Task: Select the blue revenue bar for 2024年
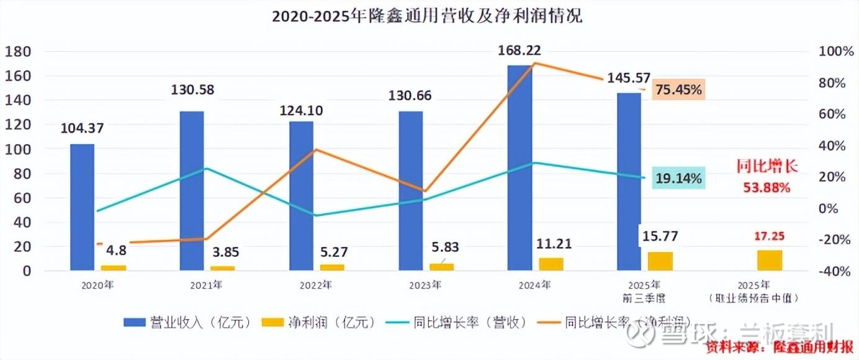tap(519, 168)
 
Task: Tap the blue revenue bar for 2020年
tap(82, 207)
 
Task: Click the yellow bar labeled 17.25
tap(770, 260)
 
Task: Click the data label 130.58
tap(192, 90)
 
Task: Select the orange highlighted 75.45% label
tap(678, 90)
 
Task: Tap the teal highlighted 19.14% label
tap(679, 179)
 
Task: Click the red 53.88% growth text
tap(767, 186)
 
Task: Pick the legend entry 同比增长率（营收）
tap(456, 322)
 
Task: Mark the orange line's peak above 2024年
tap(536, 63)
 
